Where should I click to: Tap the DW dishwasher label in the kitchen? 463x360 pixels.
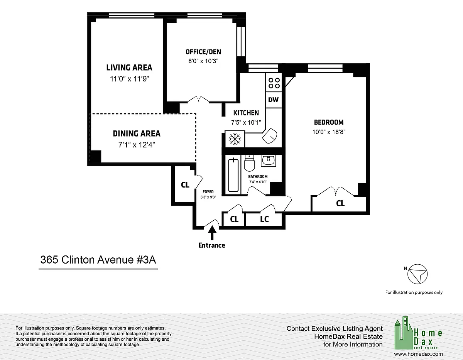point(274,100)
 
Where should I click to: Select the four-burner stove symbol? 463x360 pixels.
point(274,83)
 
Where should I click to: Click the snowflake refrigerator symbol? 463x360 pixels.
point(235,139)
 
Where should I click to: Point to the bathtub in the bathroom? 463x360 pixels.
point(233,175)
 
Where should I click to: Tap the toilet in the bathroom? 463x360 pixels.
point(249,163)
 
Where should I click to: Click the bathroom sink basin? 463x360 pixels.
point(269,160)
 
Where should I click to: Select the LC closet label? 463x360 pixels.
point(264,219)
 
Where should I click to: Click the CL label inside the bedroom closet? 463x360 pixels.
point(340,203)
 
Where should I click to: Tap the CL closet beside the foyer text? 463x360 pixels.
point(185,185)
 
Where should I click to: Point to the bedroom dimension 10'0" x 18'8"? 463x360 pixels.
point(329,132)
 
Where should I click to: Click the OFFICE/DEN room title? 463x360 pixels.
point(203,52)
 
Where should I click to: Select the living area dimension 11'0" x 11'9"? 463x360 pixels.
point(129,79)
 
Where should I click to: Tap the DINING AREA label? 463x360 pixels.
point(137,134)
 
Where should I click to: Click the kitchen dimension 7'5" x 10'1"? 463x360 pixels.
point(246,122)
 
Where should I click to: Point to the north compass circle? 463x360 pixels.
point(417,274)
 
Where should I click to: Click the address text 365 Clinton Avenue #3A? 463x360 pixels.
point(98,260)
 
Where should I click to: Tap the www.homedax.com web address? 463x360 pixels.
point(418,354)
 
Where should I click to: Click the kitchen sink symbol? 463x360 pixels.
point(270,136)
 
